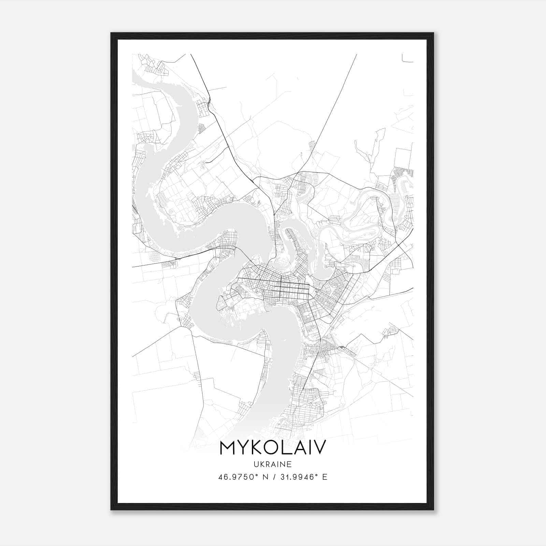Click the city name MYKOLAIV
pyautogui.click(x=273, y=447)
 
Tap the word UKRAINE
pyautogui.click(x=273, y=464)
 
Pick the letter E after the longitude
pyautogui.click(x=325, y=477)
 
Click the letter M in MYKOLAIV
pyautogui.click(x=228, y=447)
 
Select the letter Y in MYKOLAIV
pyautogui.click(x=244, y=447)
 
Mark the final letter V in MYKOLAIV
pyautogui.click(x=319, y=447)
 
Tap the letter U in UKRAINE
pyautogui.click(x=256, y=464)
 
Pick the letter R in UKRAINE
pyautogui.click(x=268, y=464)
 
